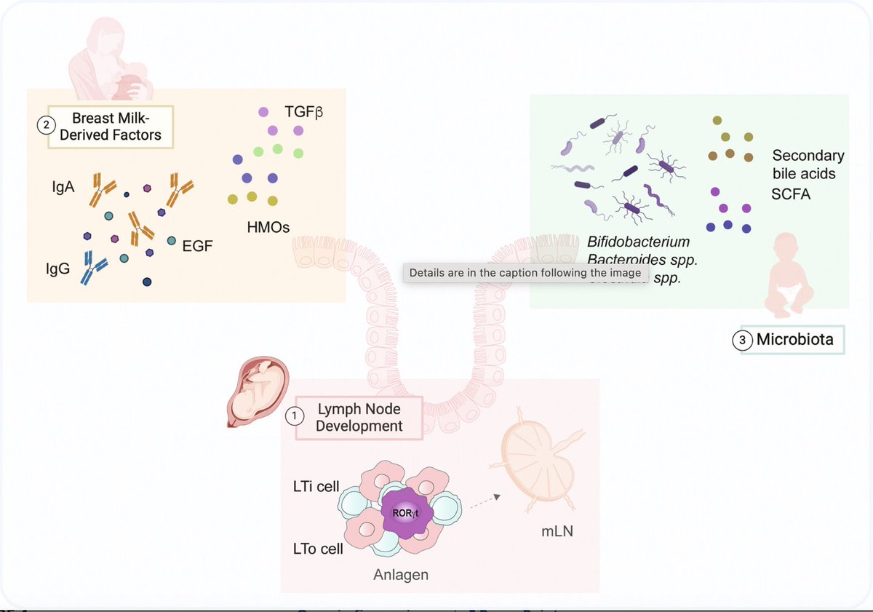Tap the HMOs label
click(x=268, y=228)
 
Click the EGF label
click(x=198, y=246)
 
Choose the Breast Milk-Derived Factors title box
click(x=111, y=127)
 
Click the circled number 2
click(x=46, y=125)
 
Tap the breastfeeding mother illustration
click(x=113, y=62)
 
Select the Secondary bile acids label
click(x=808, y=164)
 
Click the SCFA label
click(x=791, y=195)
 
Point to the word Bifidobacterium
click(x=638, y=242)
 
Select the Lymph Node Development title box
click(x=359, y=418)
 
